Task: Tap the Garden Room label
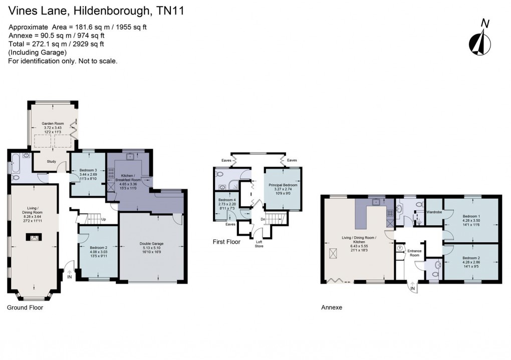coord(53,123)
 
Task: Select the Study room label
coord(51,161)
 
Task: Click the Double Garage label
coord(151,244)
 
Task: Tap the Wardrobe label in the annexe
coord(434,211)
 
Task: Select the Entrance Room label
coord(414,252)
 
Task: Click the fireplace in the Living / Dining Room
coord(34,237)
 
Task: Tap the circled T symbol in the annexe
coord(400,248)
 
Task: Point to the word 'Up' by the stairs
coord(103,219)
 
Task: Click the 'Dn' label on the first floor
coord(262,219)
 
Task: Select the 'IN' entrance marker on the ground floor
coord(69,277)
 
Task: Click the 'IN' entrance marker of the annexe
coord(412,289)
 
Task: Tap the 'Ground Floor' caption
coord(25,307)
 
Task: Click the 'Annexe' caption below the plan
coord(332,307)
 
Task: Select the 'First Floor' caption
coord(226,242)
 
